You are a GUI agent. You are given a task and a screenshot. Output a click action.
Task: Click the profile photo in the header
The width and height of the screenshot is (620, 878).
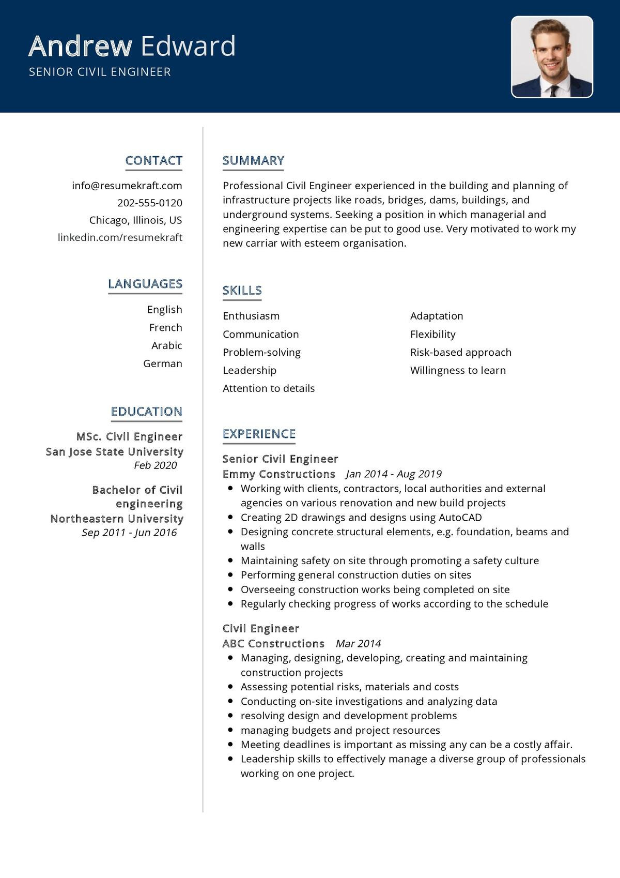(x=552, y=57)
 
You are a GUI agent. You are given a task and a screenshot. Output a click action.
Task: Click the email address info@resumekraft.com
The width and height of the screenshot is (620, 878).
(x=127, y=186)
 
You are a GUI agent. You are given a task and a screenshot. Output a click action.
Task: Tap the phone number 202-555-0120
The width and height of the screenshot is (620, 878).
(x=150, y=203)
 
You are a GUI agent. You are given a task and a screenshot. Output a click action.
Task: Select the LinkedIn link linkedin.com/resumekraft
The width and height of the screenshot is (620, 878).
(x=120, y=237)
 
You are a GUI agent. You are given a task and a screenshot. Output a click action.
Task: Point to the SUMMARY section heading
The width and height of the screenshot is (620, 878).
(x=253, y=161)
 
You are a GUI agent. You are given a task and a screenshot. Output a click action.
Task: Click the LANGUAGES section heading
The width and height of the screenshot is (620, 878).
(x=145, y=284)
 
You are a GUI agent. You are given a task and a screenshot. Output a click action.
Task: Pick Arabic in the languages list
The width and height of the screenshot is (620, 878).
(x=166, y=345)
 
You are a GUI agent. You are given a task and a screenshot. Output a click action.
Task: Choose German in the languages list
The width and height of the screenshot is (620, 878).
(x=162, y=364)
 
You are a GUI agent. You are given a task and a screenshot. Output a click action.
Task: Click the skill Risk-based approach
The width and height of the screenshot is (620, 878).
(x=460, y=352)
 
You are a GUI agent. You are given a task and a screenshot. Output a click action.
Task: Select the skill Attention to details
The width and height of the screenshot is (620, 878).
(x=268, y=388)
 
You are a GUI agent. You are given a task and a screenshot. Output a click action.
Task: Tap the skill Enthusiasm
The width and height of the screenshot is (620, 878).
(x=251, y=316)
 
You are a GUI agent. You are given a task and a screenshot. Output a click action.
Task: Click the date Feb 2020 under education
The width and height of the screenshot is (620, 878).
(x=155, y=465)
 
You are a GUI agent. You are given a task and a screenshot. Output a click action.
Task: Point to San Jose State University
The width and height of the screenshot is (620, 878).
(x=114, y=451)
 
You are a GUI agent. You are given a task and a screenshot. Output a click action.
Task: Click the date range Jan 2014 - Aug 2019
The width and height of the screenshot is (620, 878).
(x=394, y=474)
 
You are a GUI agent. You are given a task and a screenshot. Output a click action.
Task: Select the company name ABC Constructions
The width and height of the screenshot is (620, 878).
(x=273, y=644)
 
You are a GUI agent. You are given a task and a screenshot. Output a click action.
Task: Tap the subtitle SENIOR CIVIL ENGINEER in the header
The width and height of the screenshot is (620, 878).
(x=100, y=72)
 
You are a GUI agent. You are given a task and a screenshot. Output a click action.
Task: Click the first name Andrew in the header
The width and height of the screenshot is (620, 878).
(x=81, y=46)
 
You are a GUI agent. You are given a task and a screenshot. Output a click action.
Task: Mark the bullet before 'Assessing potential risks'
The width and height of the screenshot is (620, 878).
(x=230, y=687)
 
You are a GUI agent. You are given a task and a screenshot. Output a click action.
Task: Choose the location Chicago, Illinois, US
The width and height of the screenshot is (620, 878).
(x=135, y=220)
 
